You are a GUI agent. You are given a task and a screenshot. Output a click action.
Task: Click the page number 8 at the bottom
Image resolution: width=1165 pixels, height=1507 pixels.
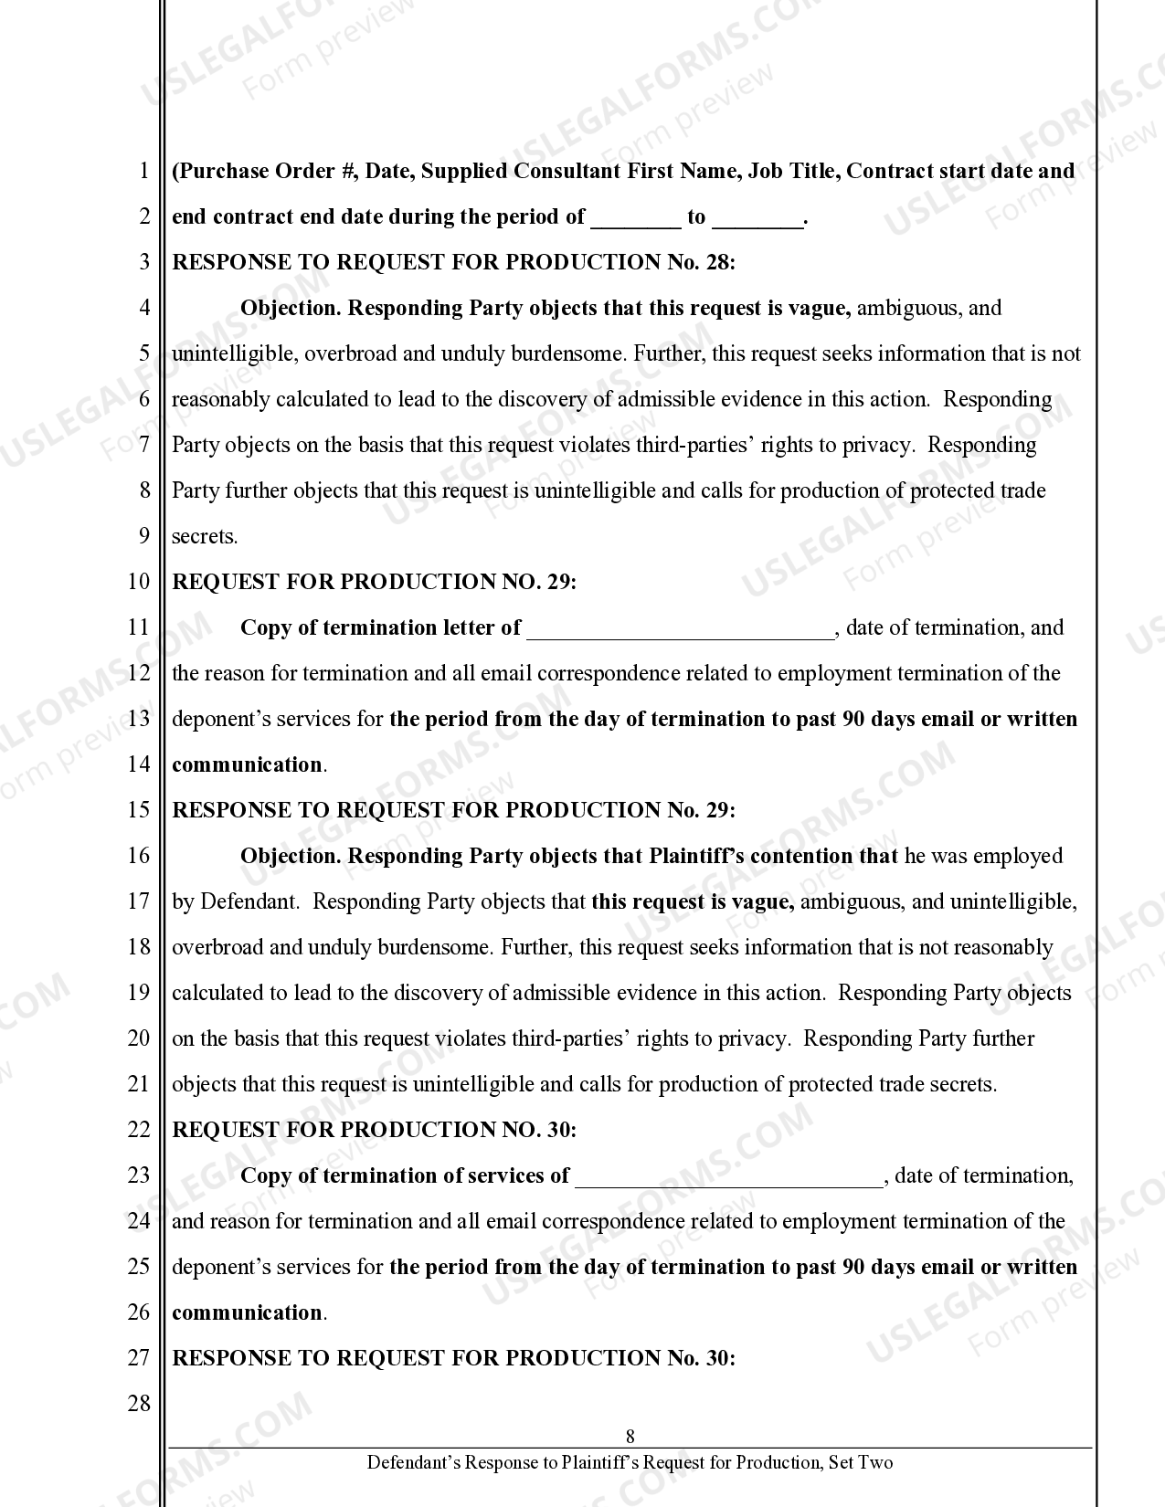pos(630,1436)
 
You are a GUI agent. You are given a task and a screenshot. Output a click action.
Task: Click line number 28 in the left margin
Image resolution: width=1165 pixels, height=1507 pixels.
pos(138,1404)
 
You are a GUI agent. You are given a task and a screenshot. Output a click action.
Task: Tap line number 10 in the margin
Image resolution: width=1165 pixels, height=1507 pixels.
pos(138,582)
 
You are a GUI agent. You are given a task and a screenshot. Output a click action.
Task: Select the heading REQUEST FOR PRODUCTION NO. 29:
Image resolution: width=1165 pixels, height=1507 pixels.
pos(374,582)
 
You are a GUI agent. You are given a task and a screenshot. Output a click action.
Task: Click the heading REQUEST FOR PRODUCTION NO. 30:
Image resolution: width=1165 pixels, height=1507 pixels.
pos(374,1130)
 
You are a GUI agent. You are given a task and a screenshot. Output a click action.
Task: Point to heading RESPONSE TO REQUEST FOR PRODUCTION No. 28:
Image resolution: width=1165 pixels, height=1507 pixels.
pos(453,262)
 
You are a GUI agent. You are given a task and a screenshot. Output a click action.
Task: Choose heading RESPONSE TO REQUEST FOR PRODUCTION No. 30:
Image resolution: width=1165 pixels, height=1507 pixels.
pos(453,1358)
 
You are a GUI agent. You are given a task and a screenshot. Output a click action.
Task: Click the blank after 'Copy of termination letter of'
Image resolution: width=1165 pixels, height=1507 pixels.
pos(681,628)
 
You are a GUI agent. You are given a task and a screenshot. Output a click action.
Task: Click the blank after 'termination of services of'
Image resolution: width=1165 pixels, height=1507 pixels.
pos(729,1176)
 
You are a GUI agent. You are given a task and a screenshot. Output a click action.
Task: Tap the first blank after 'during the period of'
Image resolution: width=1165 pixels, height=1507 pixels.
pos(636,217)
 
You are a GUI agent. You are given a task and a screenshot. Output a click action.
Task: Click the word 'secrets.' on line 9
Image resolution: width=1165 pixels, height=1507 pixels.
pos(205,536)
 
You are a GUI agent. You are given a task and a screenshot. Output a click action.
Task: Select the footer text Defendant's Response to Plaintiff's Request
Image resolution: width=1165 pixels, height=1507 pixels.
pos(630,1462)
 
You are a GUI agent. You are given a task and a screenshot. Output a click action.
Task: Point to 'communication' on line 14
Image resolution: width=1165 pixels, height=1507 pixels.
pos(247,764)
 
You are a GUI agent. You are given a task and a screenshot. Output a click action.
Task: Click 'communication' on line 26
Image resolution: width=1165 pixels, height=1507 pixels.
pos(247,1312)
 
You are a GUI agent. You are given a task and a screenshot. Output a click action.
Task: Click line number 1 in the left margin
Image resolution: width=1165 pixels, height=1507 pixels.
pos(143,171)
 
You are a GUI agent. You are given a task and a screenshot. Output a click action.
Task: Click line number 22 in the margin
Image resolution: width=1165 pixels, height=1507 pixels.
pos(138,1130)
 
